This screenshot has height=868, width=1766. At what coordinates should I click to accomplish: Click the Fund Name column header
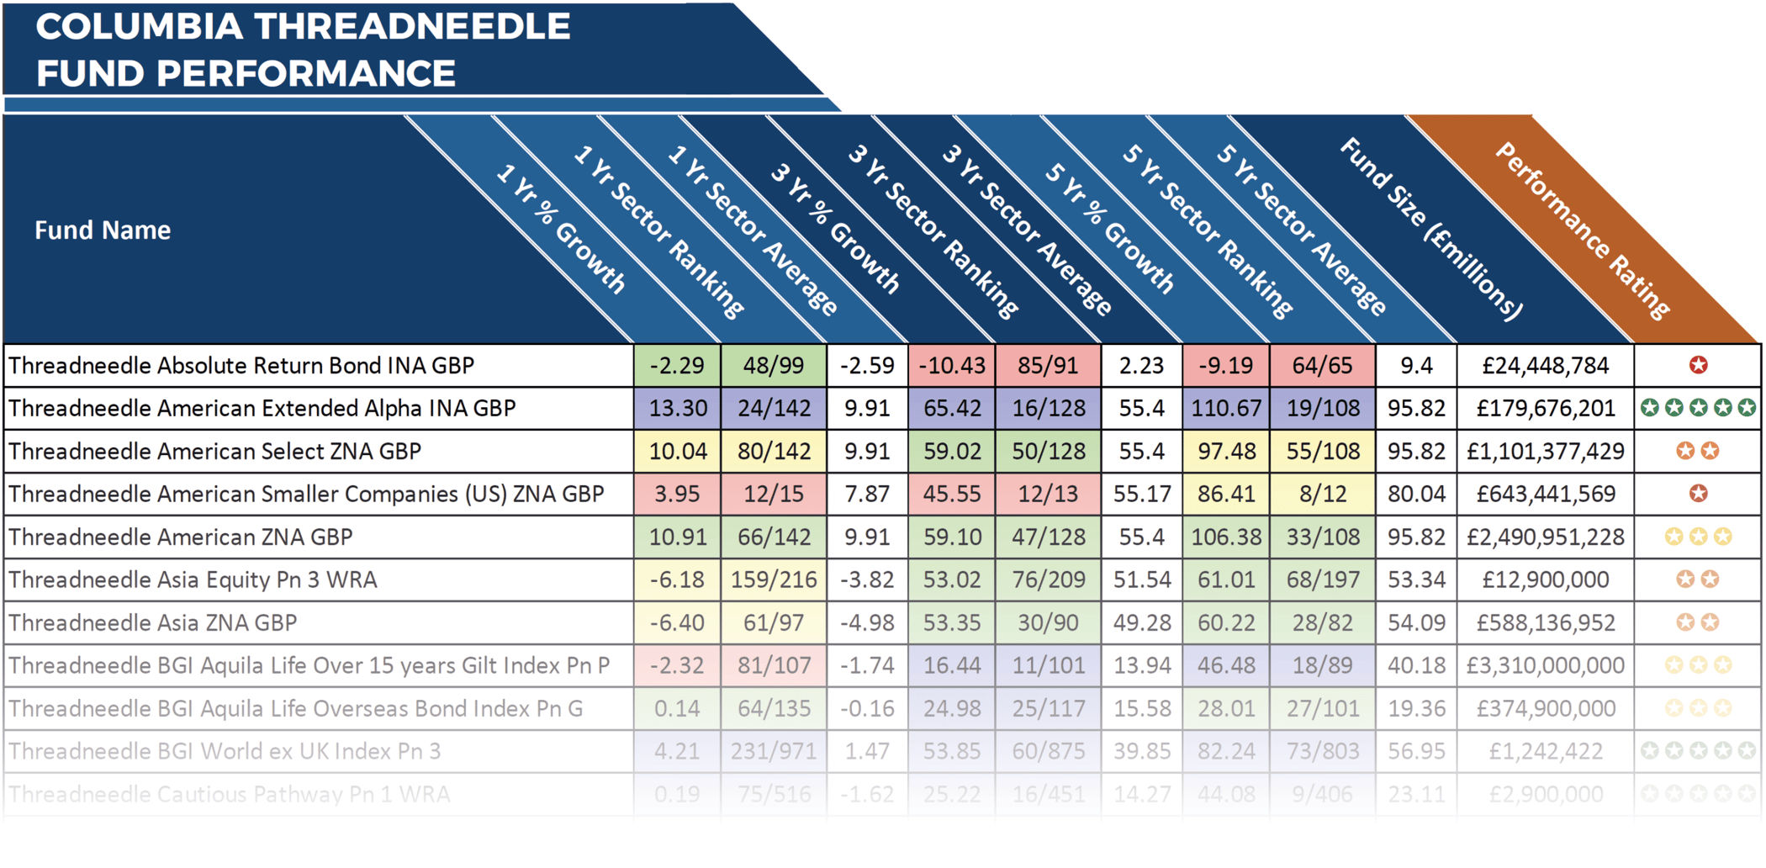(x=103, y=230)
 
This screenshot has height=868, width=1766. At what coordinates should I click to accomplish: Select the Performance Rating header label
(x=1582, y=230)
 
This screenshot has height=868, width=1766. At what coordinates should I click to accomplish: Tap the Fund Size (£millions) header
(x=1430, y=229)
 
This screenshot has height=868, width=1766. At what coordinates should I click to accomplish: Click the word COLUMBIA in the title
(x=139, y=27)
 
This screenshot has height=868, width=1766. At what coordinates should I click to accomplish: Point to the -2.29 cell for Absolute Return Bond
(x=677, y=366)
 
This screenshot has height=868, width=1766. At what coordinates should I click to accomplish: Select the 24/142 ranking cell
(x=774, y=409)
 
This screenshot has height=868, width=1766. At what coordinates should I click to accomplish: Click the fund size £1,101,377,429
(x=1545, y=452)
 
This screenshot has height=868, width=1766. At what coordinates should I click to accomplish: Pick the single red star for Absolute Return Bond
(x=1698, y=365)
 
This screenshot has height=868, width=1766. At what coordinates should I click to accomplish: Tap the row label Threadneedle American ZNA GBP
(x=181, y=537)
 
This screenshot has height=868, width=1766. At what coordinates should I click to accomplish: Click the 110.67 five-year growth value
(x=1226, y=409)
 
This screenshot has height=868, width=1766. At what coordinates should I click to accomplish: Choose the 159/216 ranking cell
(x=774, y=580)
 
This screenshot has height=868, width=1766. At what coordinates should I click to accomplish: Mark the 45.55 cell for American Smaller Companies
(x=951, y=494)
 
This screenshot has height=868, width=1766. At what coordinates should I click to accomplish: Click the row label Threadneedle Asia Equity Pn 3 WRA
(x=193, y=580)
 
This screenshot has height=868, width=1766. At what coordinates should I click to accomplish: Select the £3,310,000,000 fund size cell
(x=1545, y=665)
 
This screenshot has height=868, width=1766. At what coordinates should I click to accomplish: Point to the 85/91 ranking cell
(x=1048, y=366)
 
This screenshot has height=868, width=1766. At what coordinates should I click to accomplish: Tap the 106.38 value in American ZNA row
(x=1226, y=537)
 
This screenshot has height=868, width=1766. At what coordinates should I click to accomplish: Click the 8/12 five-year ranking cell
(x=1322, y=494)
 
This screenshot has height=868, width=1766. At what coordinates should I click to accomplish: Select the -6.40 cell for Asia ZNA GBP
(x=677, y=622)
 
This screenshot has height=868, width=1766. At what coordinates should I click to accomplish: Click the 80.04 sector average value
(x=1416, y=494)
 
